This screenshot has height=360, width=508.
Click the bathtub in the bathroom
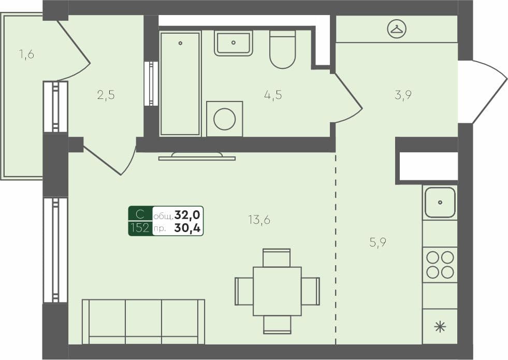pos(180,83)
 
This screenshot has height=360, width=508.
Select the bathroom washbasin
pos(234,43)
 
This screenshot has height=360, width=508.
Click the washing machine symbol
pos(224,119)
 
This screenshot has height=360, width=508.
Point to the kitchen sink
pos(440,202)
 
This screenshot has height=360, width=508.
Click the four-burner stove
pos(440,265)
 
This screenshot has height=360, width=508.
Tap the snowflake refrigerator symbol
pos(440,326)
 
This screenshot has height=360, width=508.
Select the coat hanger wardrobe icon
pos(397,29)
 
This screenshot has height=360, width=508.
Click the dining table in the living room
pos(277,291)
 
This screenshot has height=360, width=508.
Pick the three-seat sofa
pos(143,321)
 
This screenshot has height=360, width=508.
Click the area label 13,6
pos(259,220)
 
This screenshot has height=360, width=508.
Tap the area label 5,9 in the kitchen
pos(378,242)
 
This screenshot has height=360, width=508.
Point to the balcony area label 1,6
pos(26,54)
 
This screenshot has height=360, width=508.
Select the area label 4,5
pos(272,95)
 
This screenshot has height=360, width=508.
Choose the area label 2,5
pos(106,95)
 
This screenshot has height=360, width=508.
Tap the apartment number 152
pos(140,228)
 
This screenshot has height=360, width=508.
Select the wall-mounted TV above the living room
pos(197,156)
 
